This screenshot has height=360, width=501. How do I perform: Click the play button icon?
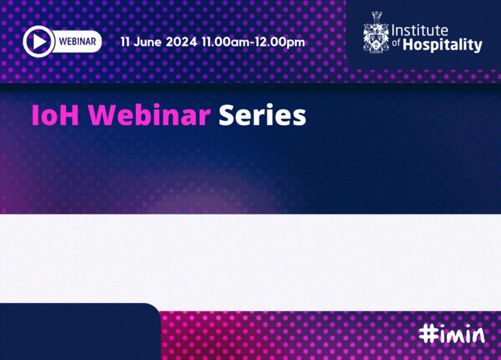point(39,41)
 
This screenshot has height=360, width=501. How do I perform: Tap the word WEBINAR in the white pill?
point(77,41)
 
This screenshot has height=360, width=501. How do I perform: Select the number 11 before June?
point(125,42)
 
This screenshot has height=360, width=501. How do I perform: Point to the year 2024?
point(182,42)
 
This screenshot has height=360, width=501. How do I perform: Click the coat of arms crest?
point(376,33)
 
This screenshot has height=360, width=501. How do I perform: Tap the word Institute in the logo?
point(420,30)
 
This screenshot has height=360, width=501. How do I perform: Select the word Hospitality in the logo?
point(443,45)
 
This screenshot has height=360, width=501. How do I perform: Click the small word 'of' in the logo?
point(396,43)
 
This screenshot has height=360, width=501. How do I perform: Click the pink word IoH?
point(55,115)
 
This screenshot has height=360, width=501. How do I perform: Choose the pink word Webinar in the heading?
point(150,115)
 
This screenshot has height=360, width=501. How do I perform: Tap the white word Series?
point(262,115)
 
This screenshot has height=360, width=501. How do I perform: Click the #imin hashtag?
point(452,334)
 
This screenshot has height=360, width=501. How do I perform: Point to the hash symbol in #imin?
point(428,334)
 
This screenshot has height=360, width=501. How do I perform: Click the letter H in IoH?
point(69,115)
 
